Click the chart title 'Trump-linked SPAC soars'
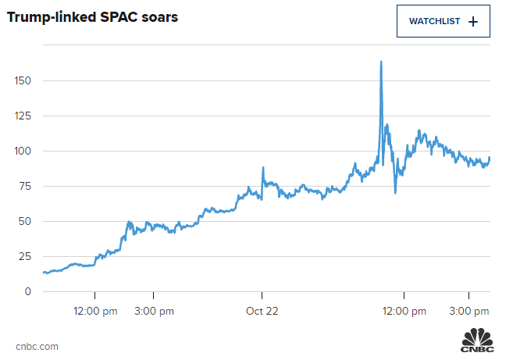(x=93, y=16)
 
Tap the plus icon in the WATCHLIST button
(x=472, y=22)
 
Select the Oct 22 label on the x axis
(x=262, y=311)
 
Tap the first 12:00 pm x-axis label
(x=95, y=311)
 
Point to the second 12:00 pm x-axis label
(x=404, y=311)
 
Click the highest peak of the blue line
(x=381, y=62)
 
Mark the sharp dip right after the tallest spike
(x=396, y=192)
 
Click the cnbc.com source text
(x=37, y=346)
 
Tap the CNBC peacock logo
(x=477, y=342)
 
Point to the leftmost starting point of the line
(x=43, y=272)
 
